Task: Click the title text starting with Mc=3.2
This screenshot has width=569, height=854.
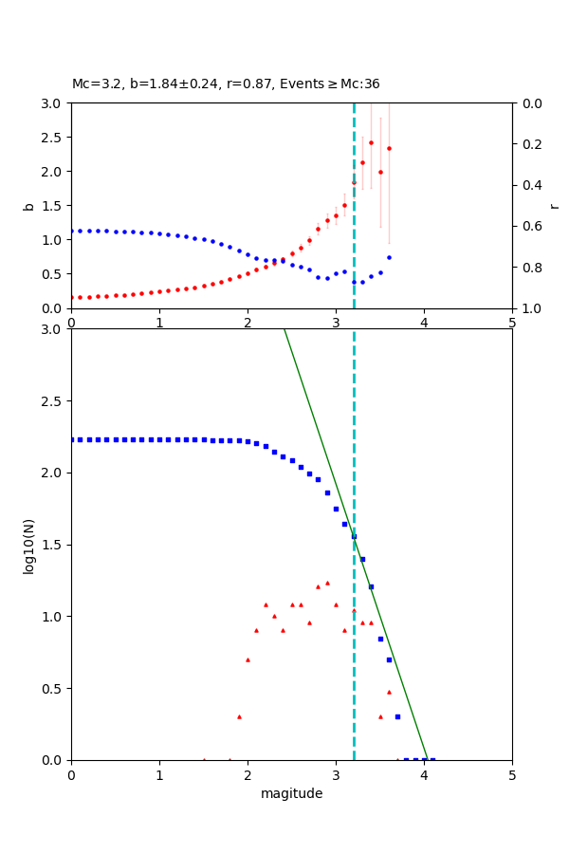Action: coord(226,84)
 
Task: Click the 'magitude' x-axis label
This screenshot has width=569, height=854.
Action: coord(291,794)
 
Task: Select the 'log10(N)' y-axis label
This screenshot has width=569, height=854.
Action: coord(29,545)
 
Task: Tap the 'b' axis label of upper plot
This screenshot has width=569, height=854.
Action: coord(29,206)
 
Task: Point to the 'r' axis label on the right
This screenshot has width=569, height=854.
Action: coord(554,206)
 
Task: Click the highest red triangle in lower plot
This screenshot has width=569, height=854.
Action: coord(327,583)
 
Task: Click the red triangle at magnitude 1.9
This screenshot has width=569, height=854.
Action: coord(239,716)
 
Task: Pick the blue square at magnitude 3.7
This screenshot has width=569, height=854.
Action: coord(397,716)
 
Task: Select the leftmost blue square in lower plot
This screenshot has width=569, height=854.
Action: coord(72,439)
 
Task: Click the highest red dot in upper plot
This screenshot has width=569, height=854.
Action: coord(371,143)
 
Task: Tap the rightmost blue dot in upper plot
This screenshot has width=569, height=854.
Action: coord(389,257)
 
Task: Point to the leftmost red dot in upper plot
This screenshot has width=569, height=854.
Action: coord(72,297)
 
